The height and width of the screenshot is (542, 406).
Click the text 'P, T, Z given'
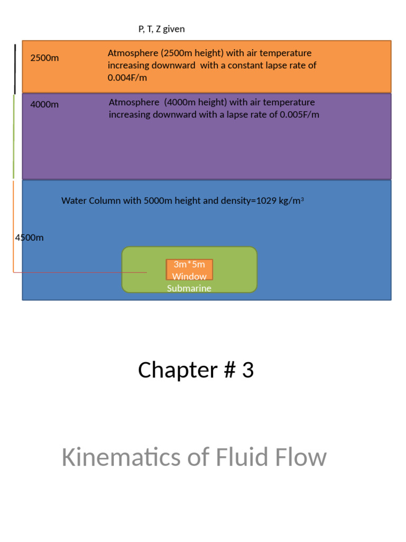(161, 29)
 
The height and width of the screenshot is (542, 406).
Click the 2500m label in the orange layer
(44, 58)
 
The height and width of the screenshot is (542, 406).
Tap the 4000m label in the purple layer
(44, 104)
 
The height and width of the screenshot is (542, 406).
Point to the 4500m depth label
(29, 238)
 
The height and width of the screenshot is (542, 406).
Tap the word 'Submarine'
(189, 288)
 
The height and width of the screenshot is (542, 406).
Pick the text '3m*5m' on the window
(189, 264)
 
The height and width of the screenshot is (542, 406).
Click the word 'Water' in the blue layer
(72, 201)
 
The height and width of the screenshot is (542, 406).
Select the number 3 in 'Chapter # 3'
(248, 371)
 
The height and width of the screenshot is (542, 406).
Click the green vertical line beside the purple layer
(14, 137)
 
